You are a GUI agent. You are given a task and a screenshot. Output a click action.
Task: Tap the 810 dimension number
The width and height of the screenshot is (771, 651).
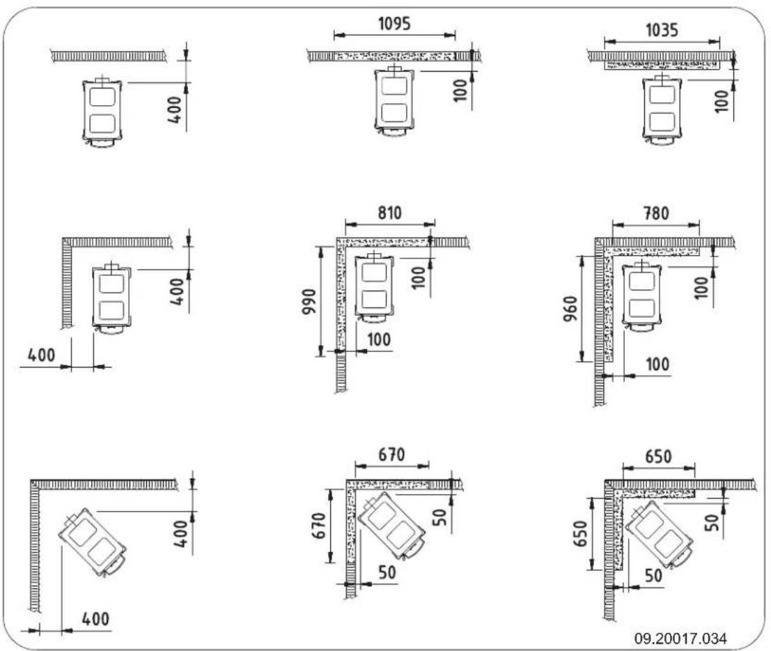[x=389, y=214]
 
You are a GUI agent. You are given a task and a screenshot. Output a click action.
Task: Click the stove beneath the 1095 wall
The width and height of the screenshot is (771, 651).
[x=394, y=103]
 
